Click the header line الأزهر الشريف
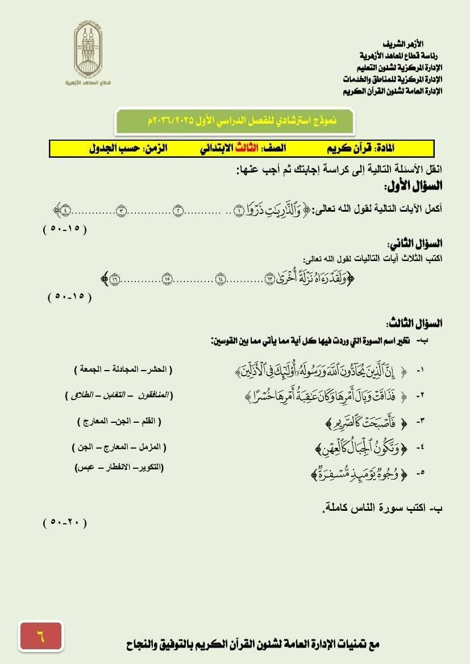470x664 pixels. [404, 44]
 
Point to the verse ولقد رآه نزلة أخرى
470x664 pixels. [307, 278]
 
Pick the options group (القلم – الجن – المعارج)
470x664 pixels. [119, 422]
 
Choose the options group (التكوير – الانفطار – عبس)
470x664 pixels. [119, 467]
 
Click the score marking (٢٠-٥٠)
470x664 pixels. [65, 523]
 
